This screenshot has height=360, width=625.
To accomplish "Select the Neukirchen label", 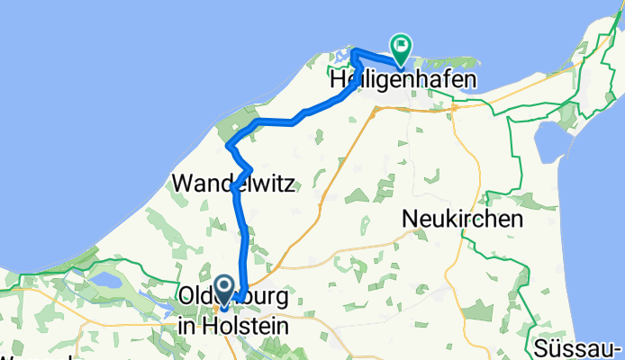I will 463,219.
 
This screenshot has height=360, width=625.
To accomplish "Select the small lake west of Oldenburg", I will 104,282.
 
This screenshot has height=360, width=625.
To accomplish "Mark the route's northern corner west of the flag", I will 355,49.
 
